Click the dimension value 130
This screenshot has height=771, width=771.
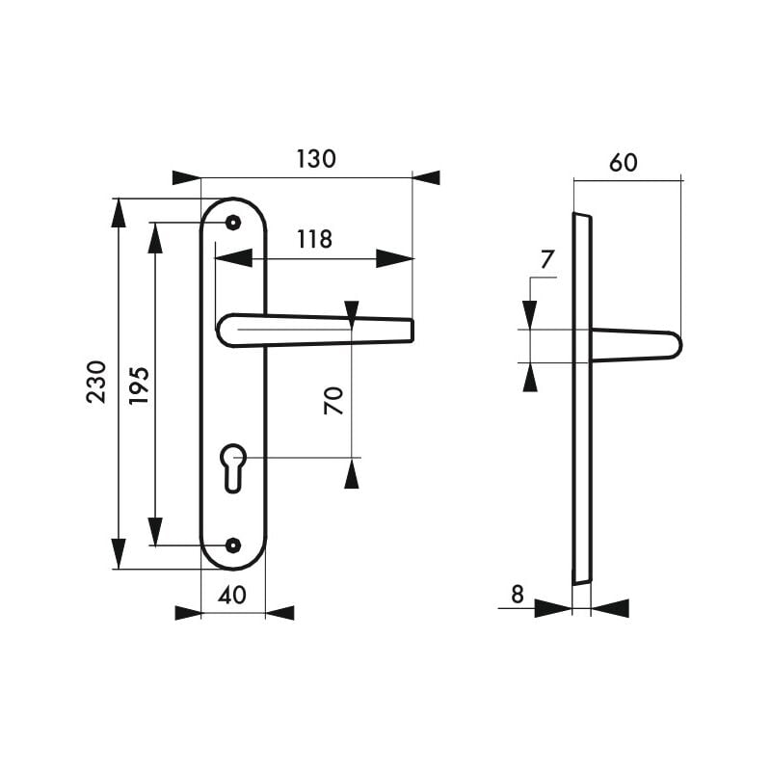pos(316,159)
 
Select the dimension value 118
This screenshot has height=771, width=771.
pos(313,239)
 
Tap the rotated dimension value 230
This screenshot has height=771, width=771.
pos(96,382)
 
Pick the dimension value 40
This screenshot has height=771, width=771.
pos(232,596)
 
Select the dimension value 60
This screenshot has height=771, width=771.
pos(624,163)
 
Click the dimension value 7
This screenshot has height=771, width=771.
pos(546,258)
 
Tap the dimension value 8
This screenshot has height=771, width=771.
pos(517,594)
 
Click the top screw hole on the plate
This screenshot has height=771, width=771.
pos(231,223)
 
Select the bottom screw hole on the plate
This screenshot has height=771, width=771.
pos(231,545)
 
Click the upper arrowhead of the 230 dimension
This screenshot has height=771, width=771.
pos(119,213)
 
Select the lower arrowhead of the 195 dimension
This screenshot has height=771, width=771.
pos(154,531)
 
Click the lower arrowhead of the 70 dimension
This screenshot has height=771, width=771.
pos(352,473)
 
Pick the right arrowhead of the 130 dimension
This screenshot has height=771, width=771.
pos(425,177)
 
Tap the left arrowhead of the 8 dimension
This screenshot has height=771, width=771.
pos(552,608)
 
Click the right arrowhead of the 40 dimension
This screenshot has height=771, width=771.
pos(279,613)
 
